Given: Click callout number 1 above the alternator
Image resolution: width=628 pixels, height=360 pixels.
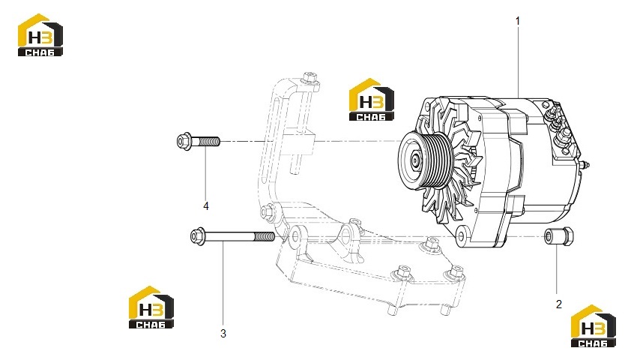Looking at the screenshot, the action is click(517, 21).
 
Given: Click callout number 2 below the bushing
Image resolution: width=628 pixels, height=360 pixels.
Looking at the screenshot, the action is click(559, 304).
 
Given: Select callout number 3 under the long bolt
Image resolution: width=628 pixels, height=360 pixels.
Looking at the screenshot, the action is click(223, 334).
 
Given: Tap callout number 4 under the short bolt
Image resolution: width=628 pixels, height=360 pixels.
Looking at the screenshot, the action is click(206, 206).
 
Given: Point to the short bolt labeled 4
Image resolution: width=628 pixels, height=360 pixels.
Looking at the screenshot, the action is click(199, 141).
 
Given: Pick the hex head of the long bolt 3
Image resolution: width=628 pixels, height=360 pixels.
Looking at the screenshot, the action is click(198, 235).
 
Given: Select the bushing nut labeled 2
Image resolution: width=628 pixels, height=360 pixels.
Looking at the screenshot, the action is click(559, 235).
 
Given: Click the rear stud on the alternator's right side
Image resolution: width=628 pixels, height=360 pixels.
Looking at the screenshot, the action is click(585, 165).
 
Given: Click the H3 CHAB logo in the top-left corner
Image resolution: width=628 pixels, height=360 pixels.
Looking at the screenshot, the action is click(40, 35).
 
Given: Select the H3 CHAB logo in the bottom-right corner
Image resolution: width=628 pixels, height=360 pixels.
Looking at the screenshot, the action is click(594, 326).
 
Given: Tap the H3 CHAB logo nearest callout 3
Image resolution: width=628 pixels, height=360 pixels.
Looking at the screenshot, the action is click(151, 307).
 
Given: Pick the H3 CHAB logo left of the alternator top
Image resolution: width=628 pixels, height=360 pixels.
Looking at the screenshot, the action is click(371, 100).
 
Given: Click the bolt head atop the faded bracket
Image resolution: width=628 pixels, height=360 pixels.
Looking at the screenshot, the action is click(310, 77).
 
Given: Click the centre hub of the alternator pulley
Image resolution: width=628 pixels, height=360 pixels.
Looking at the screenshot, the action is click(415, 160).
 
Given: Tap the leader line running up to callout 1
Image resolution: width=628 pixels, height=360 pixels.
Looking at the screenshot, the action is click(518, 63).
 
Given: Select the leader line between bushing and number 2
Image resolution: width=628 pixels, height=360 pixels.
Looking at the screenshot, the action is click(557, 268).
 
